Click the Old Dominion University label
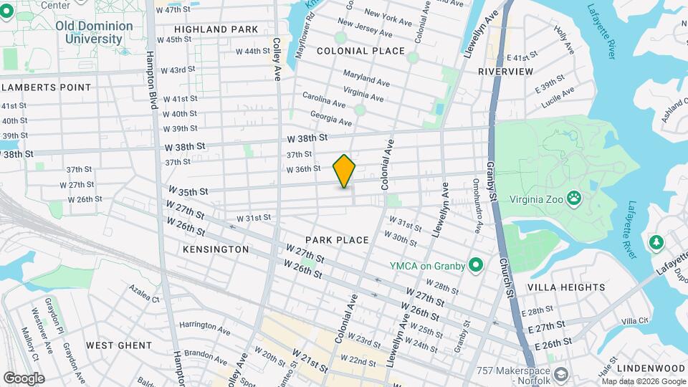point(95,32)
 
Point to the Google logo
point(24,378)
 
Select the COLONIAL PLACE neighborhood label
point(360,51)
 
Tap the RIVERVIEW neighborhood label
point(505,72)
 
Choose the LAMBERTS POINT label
point(47,87)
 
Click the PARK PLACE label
point(337,240)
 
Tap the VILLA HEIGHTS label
point(566,287)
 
